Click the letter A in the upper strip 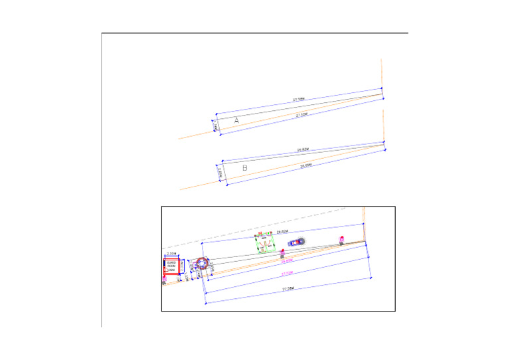237,120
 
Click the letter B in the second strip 244,169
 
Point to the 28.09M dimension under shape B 305,165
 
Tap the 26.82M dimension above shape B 304,149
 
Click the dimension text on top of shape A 299,99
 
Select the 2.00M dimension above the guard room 171,254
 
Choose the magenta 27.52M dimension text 287,273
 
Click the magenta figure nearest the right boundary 342,239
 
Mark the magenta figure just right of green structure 283,252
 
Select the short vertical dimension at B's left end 220,173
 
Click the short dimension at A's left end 214,124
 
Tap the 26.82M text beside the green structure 282,231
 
